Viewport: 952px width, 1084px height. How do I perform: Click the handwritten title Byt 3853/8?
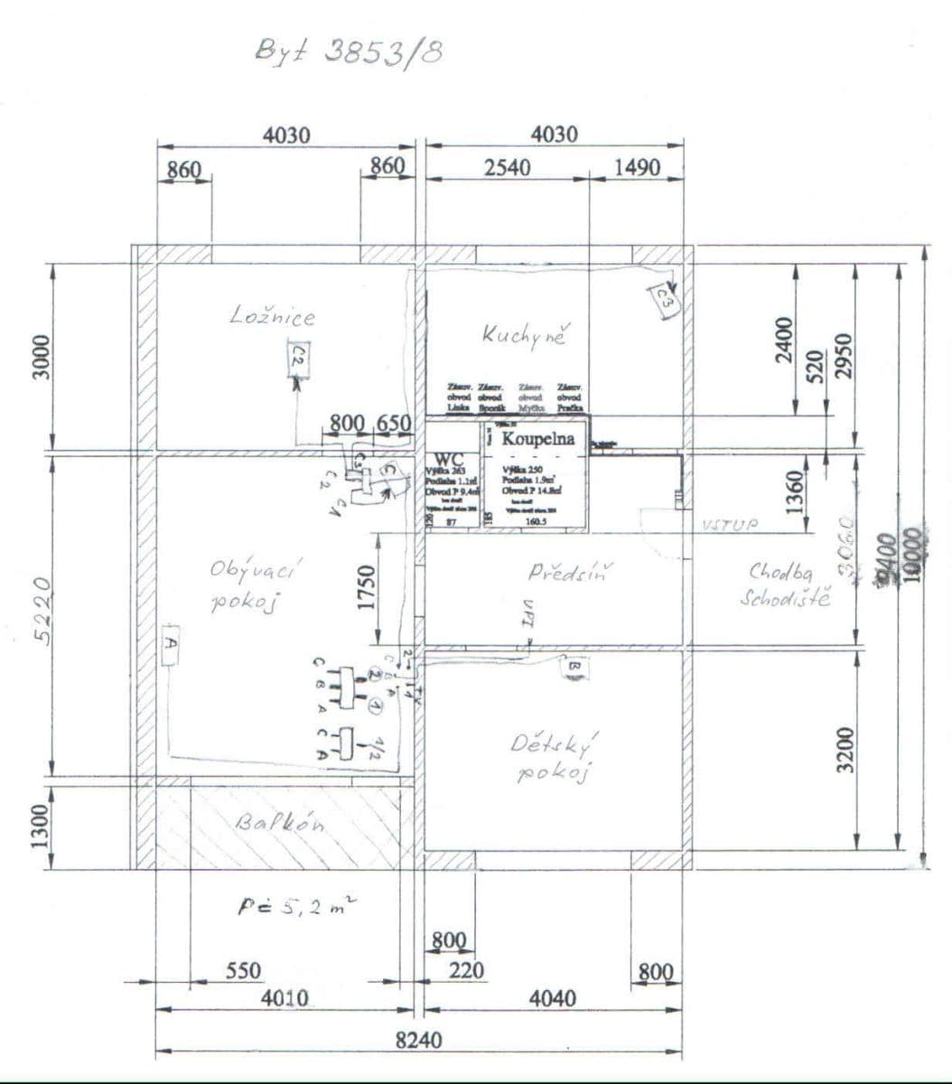pos(349,53)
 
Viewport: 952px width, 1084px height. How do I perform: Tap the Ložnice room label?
pos(272,316)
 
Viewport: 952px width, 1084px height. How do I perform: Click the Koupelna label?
pos(537,439)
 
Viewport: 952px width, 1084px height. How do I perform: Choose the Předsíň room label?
pos(570,572)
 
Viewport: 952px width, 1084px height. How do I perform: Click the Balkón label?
pos(281,824)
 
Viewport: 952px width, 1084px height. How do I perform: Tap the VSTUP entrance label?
pos(730,525)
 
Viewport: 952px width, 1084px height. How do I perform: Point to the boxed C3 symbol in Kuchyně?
pos(664,298)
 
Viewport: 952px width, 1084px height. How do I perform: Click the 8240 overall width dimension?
pos(419,1040)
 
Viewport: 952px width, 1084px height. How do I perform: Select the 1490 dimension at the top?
pos(637,167)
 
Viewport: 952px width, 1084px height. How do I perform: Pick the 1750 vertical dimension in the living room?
pos(366,587)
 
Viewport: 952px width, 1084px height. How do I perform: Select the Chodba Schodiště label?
pos(784,584)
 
